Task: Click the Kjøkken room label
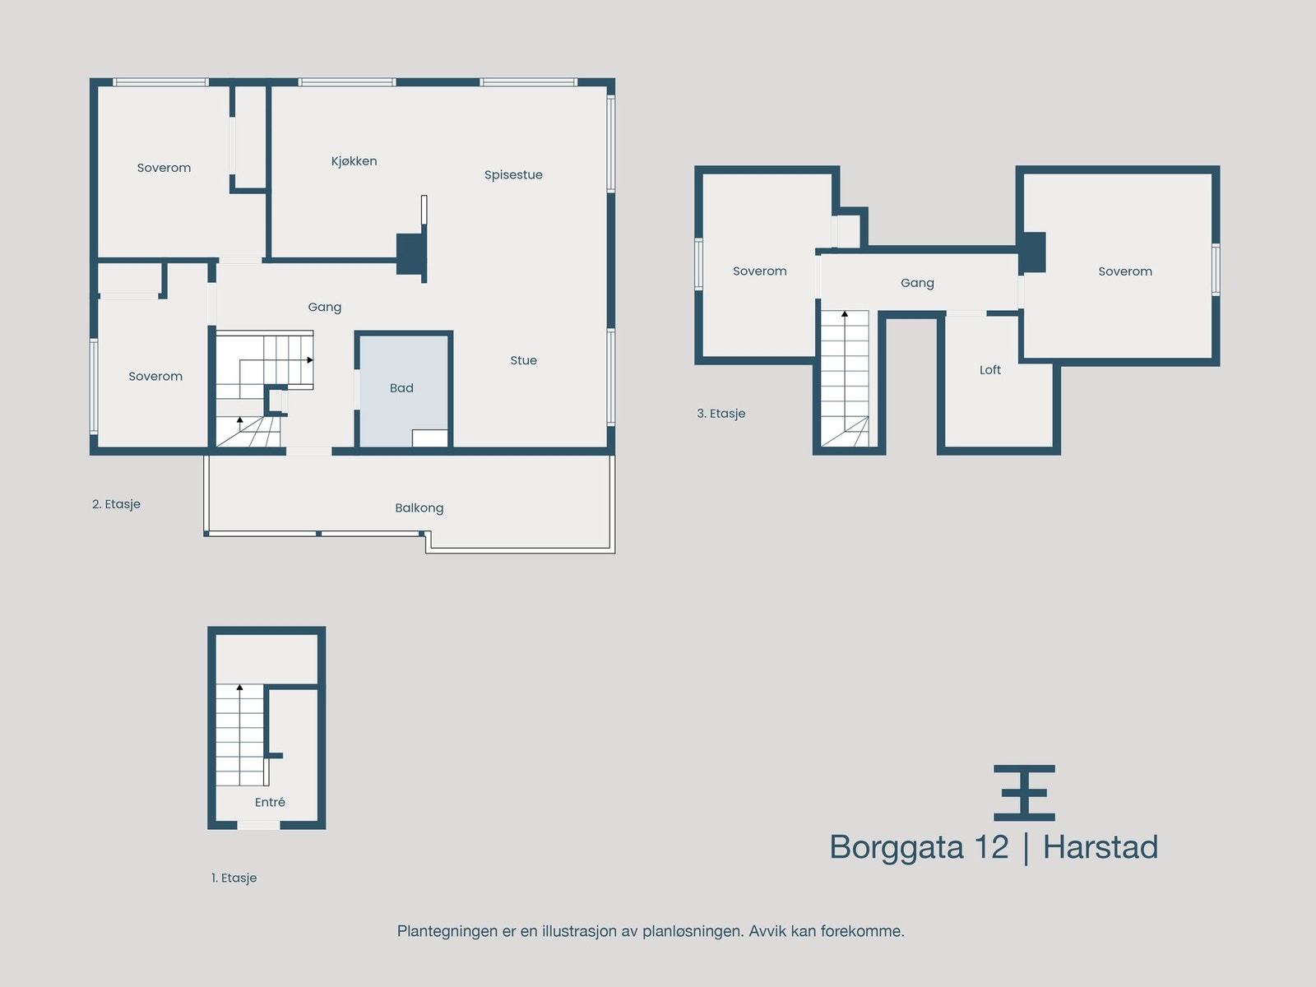point(354,161)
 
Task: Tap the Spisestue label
point(513,175)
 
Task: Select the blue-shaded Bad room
point(402,378)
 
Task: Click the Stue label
point(523,360)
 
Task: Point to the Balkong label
point(419,508)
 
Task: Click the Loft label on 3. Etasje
point(989,370)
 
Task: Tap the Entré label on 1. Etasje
point(270,802)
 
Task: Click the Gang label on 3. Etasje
point(917,283)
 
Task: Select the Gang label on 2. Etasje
point(324,307)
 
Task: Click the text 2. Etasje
point(116,504)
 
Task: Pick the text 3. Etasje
point(721,414)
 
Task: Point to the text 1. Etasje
point(234,878)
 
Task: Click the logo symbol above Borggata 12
point(1024,793)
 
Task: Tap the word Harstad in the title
point(1100,847)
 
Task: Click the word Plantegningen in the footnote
point(447,931)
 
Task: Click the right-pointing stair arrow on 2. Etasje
point(310,360)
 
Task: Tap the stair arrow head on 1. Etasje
point(240,687)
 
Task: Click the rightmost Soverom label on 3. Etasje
point(1124,271)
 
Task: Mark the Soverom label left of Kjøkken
point(164,168)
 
